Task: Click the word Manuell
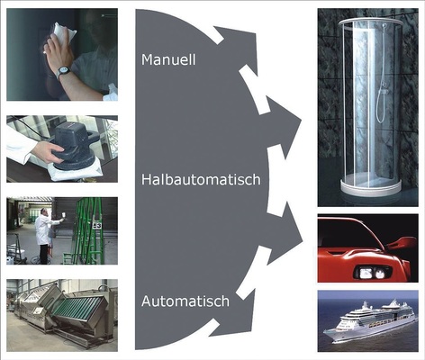(x=168, y=59)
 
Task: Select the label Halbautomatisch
(x=201, y=179)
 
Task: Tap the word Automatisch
(x=185, y=301)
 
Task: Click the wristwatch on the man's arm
(x=63, y=71)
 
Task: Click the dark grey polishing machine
(x=74, y=147)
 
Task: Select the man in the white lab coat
(x=45, y=236)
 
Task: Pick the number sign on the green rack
(x=96, y=225)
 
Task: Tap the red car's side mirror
(x=402, y=243)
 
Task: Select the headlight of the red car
(x=373, y=273)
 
